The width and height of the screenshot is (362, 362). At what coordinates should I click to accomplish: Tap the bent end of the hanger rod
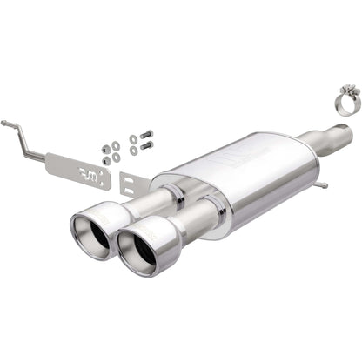tap(7, 124)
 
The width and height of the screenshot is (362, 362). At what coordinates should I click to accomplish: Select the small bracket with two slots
tap(131, 184)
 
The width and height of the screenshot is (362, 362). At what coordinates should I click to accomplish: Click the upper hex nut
tap(106, 147)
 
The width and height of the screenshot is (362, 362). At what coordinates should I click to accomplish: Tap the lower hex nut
tap(106, 160)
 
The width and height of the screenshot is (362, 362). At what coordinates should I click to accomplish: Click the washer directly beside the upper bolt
tap(133, 138)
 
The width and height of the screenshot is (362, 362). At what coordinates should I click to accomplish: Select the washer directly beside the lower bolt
tap(132, 151)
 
